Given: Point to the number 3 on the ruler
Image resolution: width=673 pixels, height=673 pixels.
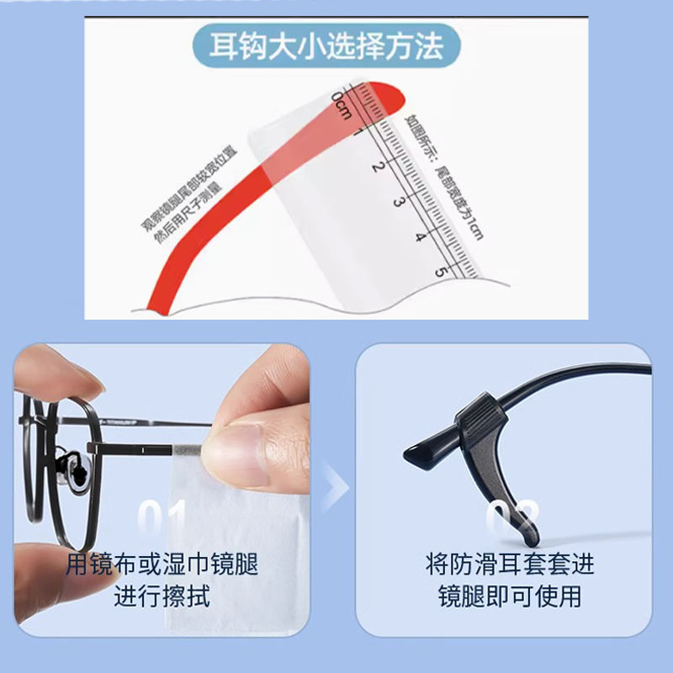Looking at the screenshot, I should pyautogui.click(x=400, y=200).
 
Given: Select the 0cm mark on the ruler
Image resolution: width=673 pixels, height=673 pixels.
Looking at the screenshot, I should pyautogui.click(x=342, y=104).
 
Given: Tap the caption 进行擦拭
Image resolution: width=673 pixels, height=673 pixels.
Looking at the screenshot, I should pyautogui.click(x=162, y=596).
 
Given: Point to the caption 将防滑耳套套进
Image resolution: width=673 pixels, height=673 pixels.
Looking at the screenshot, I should pyautogui.click(x=511, y=563).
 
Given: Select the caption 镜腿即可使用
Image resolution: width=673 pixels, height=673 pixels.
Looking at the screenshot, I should pyautogui.click(x=511, y=596).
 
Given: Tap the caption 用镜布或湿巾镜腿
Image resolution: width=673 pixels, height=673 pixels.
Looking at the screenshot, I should pyautogui.click(x=162, y=563).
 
